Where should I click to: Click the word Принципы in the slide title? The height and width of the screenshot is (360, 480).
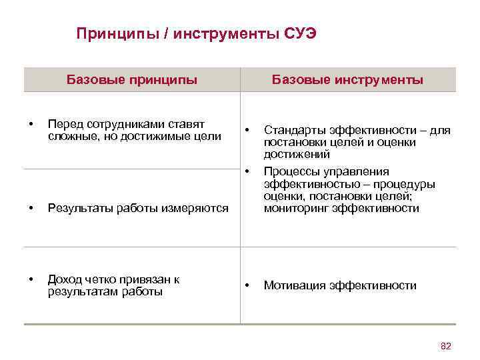tap(110, 34)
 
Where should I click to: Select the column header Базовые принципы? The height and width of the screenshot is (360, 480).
tap(132, 81)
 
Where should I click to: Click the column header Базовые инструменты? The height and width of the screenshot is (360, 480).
tap(347, 81)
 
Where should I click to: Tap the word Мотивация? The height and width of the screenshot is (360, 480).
tap(293, 286)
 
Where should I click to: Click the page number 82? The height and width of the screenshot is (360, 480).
tap(446, 345)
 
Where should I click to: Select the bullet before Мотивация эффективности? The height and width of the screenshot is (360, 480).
tap(247, 286)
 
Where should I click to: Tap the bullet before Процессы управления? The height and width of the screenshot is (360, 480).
tap(247, 172)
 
